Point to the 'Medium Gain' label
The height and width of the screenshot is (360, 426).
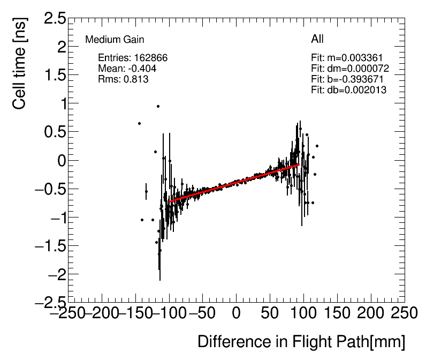(x=115, y=40)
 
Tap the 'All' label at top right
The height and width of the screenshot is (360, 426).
(x=317, y=39)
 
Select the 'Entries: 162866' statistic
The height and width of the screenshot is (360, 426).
(x=133, y=58)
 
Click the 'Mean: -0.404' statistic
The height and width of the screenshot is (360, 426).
(x=125, y=69)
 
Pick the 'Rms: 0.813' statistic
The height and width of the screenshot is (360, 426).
(x=123, y=79)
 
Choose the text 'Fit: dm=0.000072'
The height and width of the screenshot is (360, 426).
(x=349, y=69)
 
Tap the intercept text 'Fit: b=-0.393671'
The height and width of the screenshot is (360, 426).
(x=347, y=79)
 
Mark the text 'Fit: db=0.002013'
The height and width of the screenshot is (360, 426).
(x=348, y=90)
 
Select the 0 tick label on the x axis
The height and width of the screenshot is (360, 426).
(x=237, y=313)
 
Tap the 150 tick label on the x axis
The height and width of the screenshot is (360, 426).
(x=337, y=313)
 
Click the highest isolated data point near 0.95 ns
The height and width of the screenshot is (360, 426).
(x=158, y=106)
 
